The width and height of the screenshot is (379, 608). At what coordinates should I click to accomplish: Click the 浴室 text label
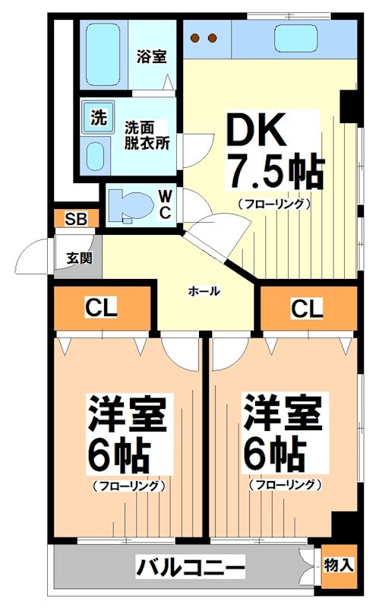[x=152, y=56]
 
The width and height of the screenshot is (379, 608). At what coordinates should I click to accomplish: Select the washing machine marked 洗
[x=98, y=119]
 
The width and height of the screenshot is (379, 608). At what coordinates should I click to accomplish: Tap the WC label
[x=165, y=204]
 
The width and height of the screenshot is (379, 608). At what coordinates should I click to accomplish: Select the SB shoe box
[x=75, y=220]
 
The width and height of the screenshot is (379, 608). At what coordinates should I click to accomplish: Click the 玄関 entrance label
[x=84, y=257]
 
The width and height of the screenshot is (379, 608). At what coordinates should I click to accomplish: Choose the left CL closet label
[x=100, y=309]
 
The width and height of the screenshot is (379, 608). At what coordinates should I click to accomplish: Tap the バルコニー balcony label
[x=191, y=566]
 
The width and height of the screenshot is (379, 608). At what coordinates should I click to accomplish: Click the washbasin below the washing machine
[x=95, y=157]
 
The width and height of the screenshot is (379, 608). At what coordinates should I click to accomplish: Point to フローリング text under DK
[x=273, y=203]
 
